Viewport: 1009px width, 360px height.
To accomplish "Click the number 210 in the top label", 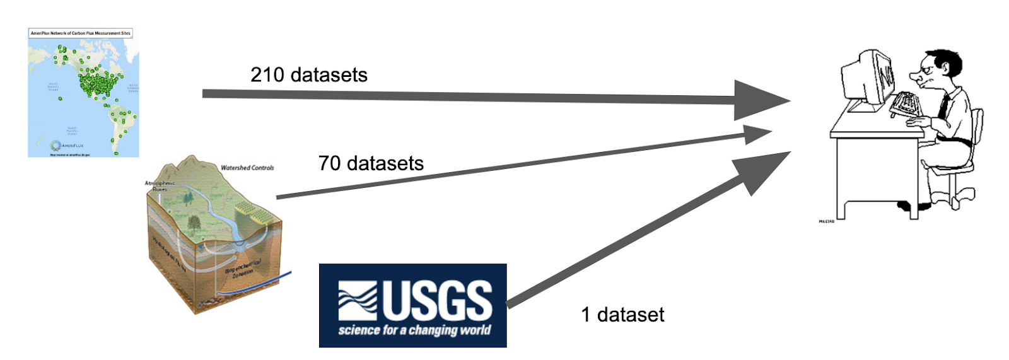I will point(267,75).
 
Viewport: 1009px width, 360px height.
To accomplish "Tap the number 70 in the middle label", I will point(329,163).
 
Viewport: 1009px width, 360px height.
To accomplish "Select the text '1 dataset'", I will point(622,315).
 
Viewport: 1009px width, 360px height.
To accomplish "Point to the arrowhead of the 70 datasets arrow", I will point(756,134).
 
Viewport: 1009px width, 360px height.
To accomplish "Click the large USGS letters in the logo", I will point(438,300).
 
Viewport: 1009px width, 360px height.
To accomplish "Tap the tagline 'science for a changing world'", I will point(414,330).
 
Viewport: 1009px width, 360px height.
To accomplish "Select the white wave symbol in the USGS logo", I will point(357,300).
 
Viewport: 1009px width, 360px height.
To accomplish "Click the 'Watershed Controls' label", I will point(247,168).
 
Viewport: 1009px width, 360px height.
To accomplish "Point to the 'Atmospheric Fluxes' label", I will point(159,186).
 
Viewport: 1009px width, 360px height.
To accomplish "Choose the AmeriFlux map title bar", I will point(81,33).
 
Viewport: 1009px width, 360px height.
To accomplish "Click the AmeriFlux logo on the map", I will point(66,146).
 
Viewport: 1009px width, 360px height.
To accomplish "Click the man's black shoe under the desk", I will point(914,206).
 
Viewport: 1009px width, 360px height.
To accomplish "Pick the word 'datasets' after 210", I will point(329,75).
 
